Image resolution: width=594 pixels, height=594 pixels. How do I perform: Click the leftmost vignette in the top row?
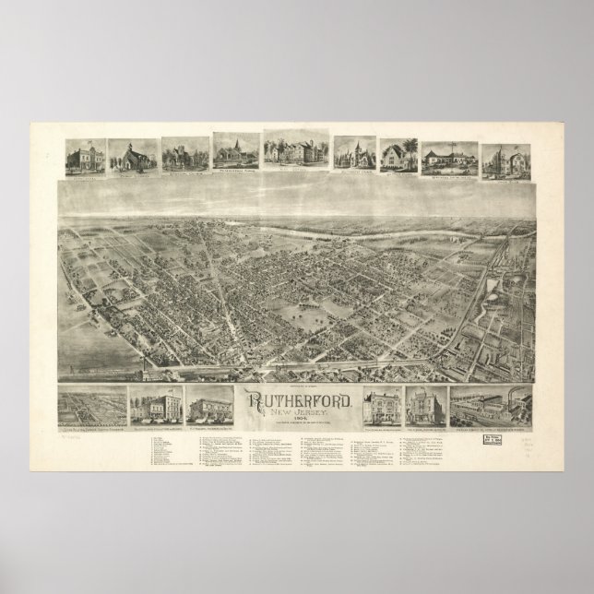click(x=85, y=157)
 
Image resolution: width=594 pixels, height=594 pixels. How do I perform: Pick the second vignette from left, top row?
click(x=133, y=157)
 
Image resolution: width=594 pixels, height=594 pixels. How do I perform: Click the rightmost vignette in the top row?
click(x=500, y=159)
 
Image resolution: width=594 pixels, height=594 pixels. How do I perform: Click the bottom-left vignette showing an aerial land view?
click(x=91, y=404)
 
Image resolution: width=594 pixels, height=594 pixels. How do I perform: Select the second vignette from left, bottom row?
click(x=153, y=402)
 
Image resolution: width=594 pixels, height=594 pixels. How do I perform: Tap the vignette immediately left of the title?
click(x=211, y=402)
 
